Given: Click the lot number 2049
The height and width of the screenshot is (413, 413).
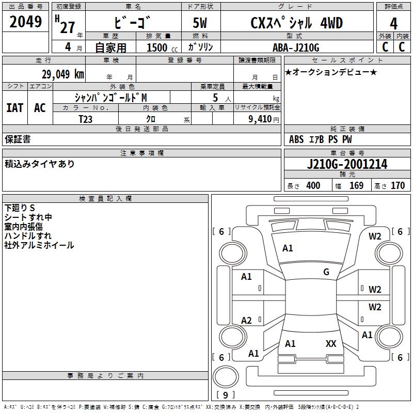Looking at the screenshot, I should coord(26,22).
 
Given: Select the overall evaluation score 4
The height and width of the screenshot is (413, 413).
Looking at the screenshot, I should coord(393,23).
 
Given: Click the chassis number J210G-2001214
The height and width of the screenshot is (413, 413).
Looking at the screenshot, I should coord(347,164).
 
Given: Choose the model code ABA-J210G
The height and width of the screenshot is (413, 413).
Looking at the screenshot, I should coord(296,48).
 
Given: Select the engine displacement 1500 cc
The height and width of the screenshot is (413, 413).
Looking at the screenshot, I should coord(160,48).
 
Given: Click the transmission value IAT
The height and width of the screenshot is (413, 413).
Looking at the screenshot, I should coord(14,108).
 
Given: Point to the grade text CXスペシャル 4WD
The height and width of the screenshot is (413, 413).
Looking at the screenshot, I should coord(296,23).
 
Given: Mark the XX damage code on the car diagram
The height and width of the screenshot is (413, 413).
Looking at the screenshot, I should coord(331,343).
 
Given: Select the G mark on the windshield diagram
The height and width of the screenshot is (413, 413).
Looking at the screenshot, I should coord(326,272).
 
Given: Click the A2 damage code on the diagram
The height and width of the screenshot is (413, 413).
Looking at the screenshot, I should coord(247,321).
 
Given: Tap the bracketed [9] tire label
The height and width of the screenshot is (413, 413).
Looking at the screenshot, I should coord(226,395).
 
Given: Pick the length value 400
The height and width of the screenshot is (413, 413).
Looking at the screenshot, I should coord(313,185).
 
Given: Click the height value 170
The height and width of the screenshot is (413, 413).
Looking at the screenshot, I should coord(398,185).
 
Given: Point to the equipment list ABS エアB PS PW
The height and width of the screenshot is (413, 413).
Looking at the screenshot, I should coord(321,139).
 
